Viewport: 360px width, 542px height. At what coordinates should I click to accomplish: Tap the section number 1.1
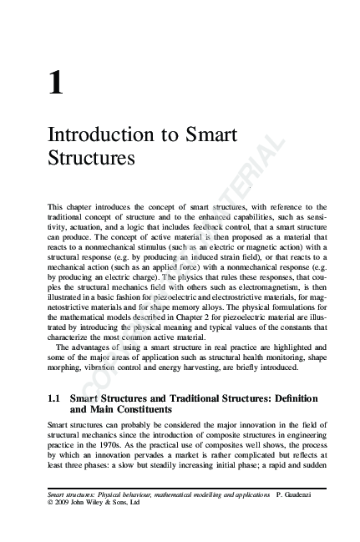click(56, 399)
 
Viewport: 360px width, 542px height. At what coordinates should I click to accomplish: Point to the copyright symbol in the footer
click(52, 504)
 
